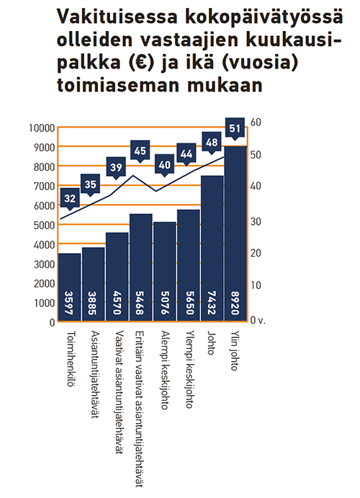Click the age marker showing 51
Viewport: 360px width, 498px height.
click(x=235, y=128)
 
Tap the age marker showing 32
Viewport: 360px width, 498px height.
click(x=70, y=198)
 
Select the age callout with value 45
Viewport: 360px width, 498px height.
click(x=140, y=151)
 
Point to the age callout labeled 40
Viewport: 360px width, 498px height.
click(x=164, y=165)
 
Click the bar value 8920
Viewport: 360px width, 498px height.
click(x=235, y=303)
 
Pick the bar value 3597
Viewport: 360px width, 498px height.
click(x=69, y=303)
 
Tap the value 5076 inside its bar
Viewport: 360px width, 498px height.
click(x=164, y=303)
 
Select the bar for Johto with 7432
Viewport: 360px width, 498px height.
click(x=212, y=248)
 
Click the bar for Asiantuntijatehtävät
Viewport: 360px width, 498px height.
click(x=94, y=284)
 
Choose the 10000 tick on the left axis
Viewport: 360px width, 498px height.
click(x=42, y=128)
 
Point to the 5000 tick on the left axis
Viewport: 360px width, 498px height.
click(x=44, y=225)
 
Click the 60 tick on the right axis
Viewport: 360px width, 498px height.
click(x=256, y=123)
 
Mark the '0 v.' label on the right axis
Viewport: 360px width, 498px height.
click(x=258, y=320)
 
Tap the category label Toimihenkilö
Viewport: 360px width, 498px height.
click(x=71, y=359)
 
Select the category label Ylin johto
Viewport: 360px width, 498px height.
click(x=234, y=351)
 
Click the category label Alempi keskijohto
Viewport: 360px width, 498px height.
click(x=165, y=370)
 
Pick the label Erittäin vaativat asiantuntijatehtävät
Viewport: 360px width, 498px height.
click(x=140, y=409)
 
